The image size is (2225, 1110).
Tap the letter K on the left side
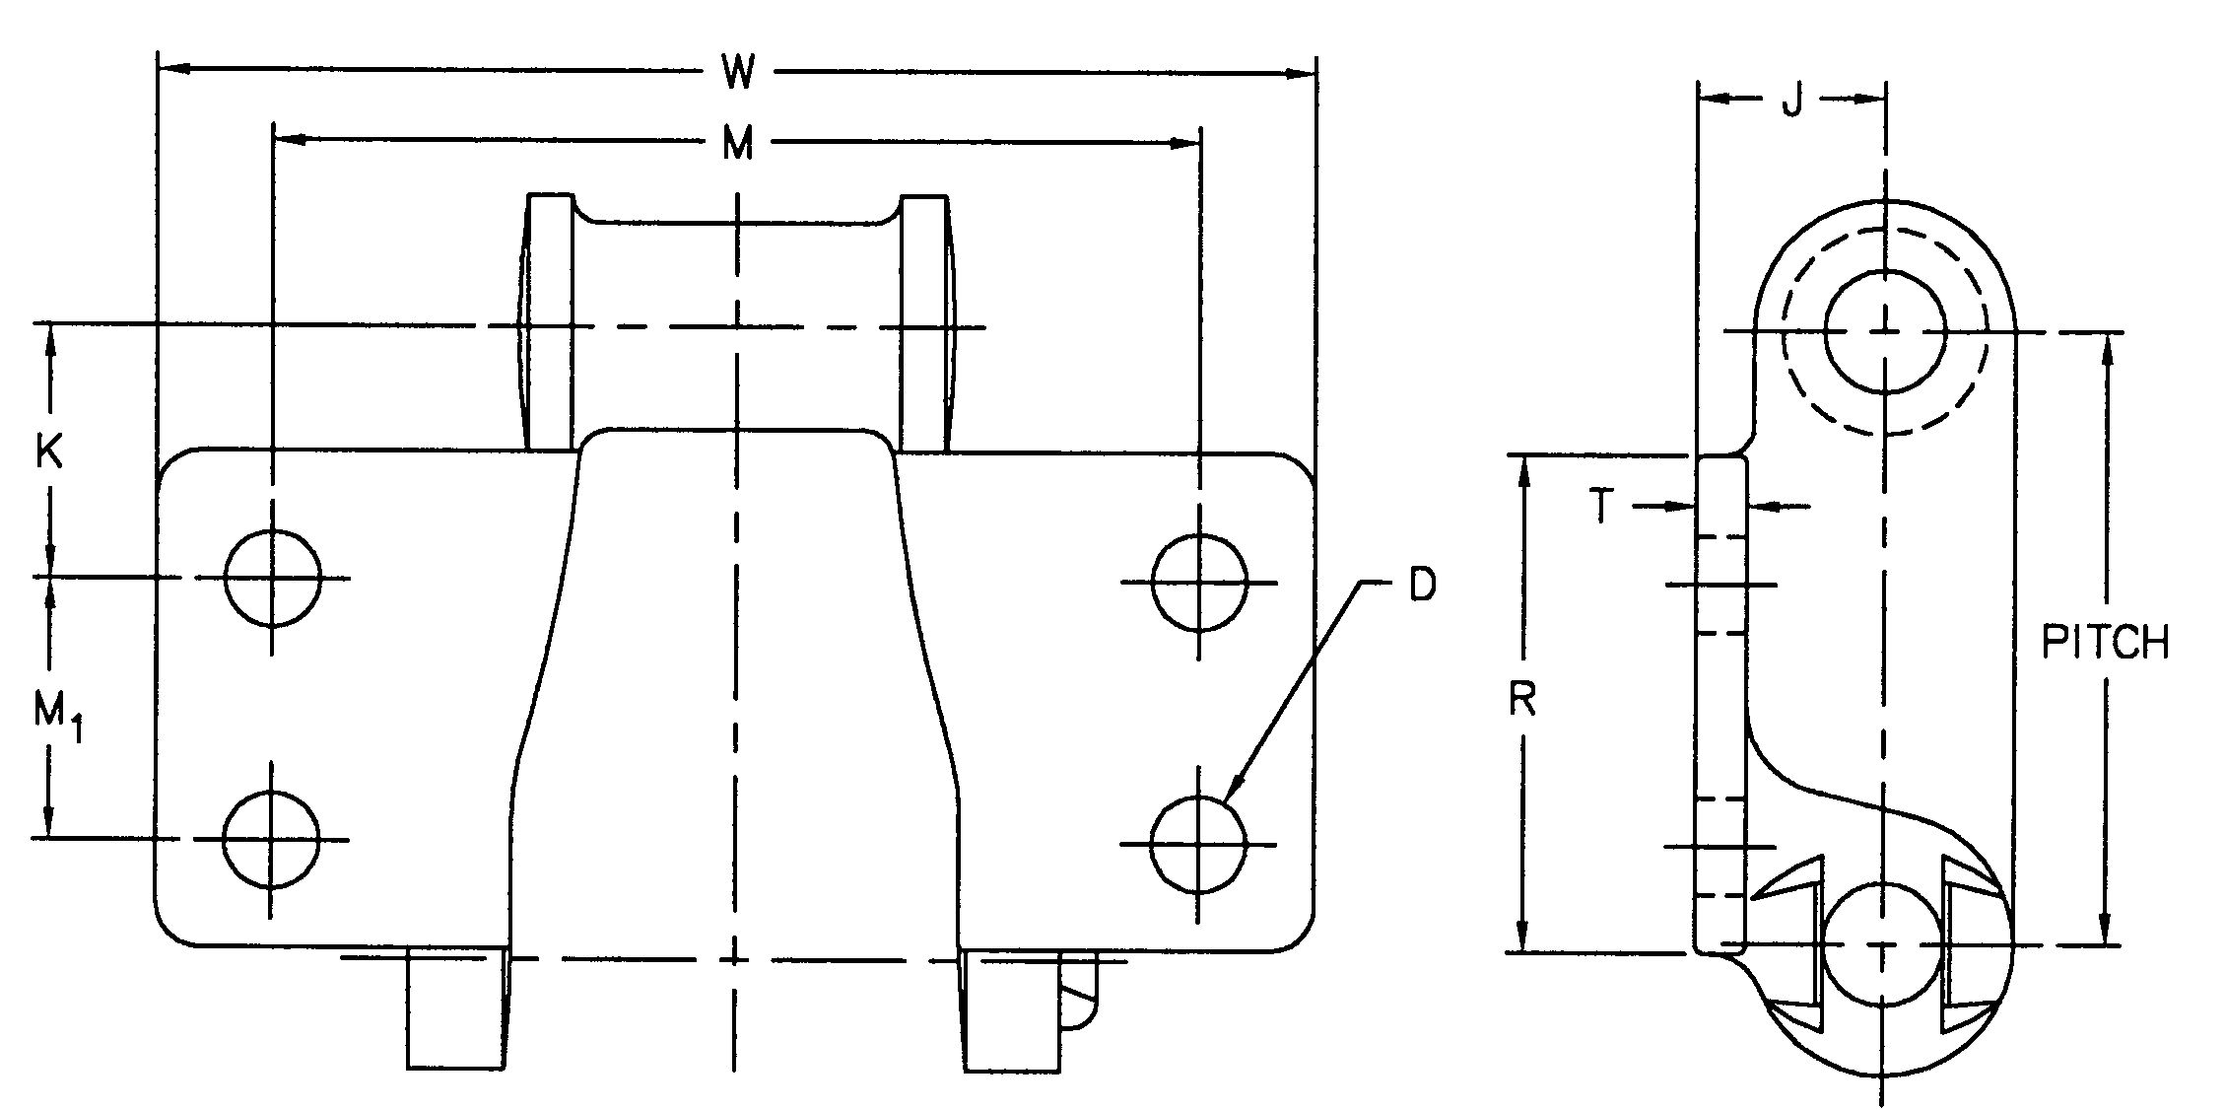(49, 452)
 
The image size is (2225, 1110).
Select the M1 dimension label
(56, 714)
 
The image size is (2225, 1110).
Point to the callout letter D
(1422, 586)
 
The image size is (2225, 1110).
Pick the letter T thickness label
(1603, 507)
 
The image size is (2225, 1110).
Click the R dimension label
(1522, 700)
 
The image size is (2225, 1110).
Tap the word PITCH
(2105, 643)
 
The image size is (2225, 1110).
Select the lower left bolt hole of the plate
(272, 839)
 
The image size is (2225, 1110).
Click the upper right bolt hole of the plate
(1199, 583)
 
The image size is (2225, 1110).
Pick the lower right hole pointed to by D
(1198, 844)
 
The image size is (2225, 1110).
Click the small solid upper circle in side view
(1885, 331)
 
